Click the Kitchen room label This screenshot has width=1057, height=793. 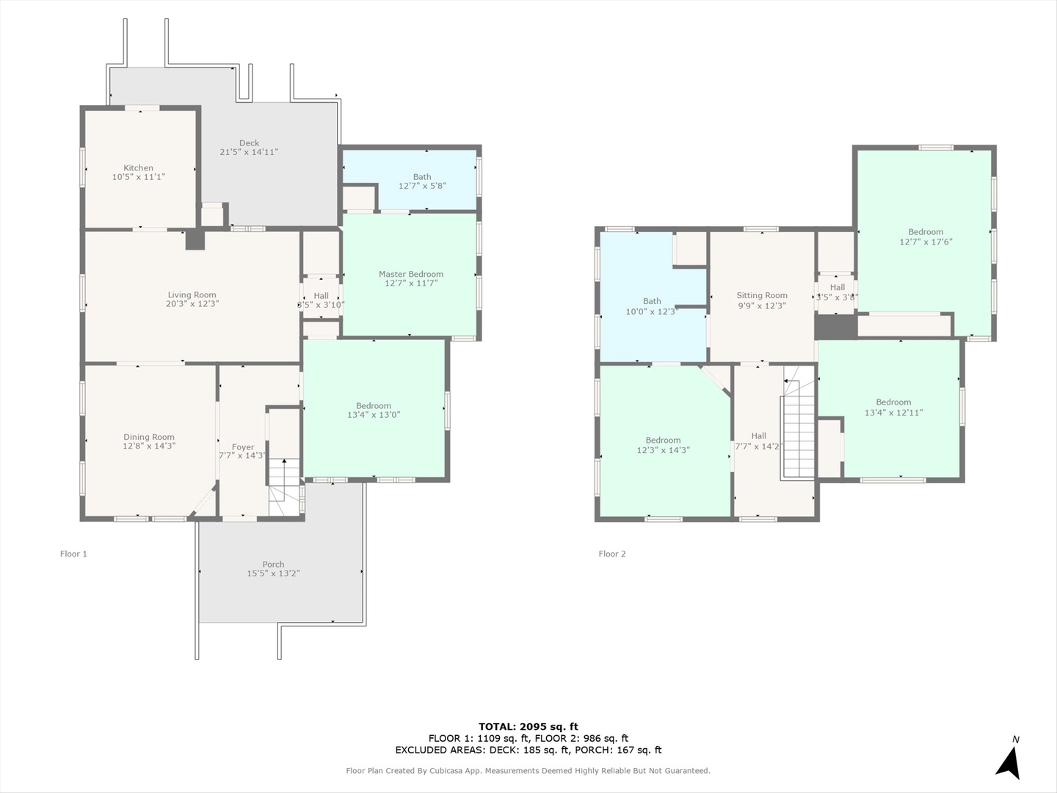[x=138, y=167]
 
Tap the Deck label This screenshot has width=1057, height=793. [x=249, y=143]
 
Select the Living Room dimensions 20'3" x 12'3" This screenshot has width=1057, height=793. [x=192, y=304]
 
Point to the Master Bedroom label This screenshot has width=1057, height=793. [x=411, y=274]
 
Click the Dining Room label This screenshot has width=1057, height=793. [x=149, y=437]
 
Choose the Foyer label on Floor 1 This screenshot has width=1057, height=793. [x=243, y=447]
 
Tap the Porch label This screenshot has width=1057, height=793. [x=273, y=565]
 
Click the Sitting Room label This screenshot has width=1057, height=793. [x=762, y=295]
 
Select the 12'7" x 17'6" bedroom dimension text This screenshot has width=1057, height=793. [x=926, y=242]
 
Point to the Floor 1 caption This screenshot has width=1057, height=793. [x=73, y=554]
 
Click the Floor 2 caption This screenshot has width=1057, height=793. [x=612, y=554]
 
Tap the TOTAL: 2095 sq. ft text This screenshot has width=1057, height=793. [x=528, y=727]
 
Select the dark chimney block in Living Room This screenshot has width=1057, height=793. [x=195, y=240]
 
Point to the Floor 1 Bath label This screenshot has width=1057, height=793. [x=422, y=177]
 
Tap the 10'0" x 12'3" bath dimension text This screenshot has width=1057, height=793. [x=652, y=311]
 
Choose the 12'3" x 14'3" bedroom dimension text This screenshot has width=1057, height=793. [x=663, y=449]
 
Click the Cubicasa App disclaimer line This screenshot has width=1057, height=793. [x=528, y=771]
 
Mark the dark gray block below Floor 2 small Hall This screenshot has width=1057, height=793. [x=836, y=327]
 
